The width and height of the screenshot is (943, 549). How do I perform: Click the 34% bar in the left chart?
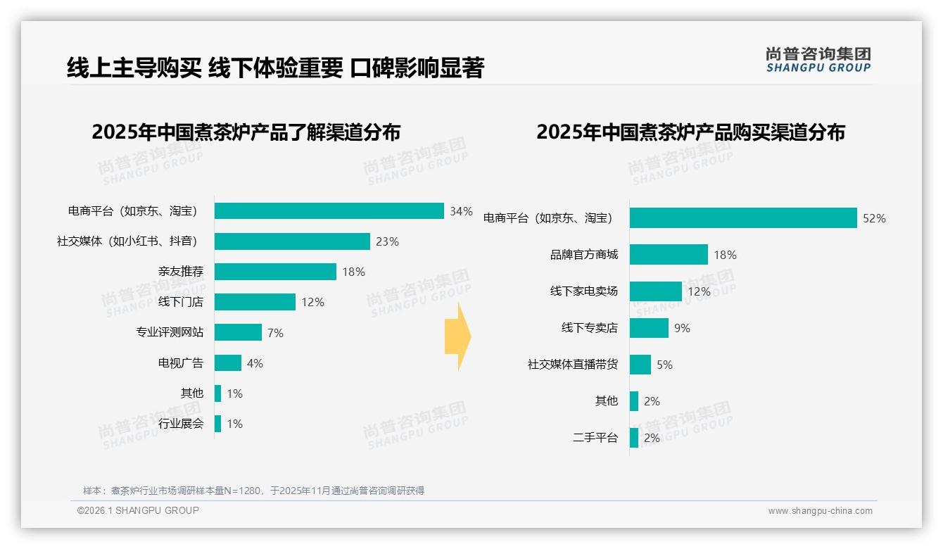pos(329,211)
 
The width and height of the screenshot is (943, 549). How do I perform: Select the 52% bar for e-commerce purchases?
pos(742,218)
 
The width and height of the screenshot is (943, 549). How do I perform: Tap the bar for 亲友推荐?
pos(275,272)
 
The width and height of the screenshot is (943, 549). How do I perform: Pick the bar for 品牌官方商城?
pos(668,255)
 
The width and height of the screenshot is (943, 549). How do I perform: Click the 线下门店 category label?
pos(181,302)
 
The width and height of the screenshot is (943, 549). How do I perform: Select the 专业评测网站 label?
pos(170,332)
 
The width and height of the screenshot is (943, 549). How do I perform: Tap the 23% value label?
pos(387,241)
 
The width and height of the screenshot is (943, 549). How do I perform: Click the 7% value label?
pos(275,333)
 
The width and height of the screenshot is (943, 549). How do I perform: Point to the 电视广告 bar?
pos(227,363)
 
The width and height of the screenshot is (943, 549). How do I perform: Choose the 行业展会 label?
pos(181,424)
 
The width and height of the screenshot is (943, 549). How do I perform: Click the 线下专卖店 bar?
pos(648,328)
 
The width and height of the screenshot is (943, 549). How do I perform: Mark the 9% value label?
pos(682,328)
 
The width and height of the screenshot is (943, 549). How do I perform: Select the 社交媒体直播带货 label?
pos(573,365)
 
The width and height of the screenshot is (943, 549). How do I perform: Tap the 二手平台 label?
pos(595,438)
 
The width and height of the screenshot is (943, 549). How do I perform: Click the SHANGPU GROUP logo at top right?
pos(818,59)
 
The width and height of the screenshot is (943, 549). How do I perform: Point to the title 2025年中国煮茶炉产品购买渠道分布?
pos(690,132)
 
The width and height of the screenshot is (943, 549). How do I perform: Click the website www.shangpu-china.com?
pos(820,511)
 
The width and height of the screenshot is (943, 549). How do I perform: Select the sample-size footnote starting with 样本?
pos(253,491)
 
